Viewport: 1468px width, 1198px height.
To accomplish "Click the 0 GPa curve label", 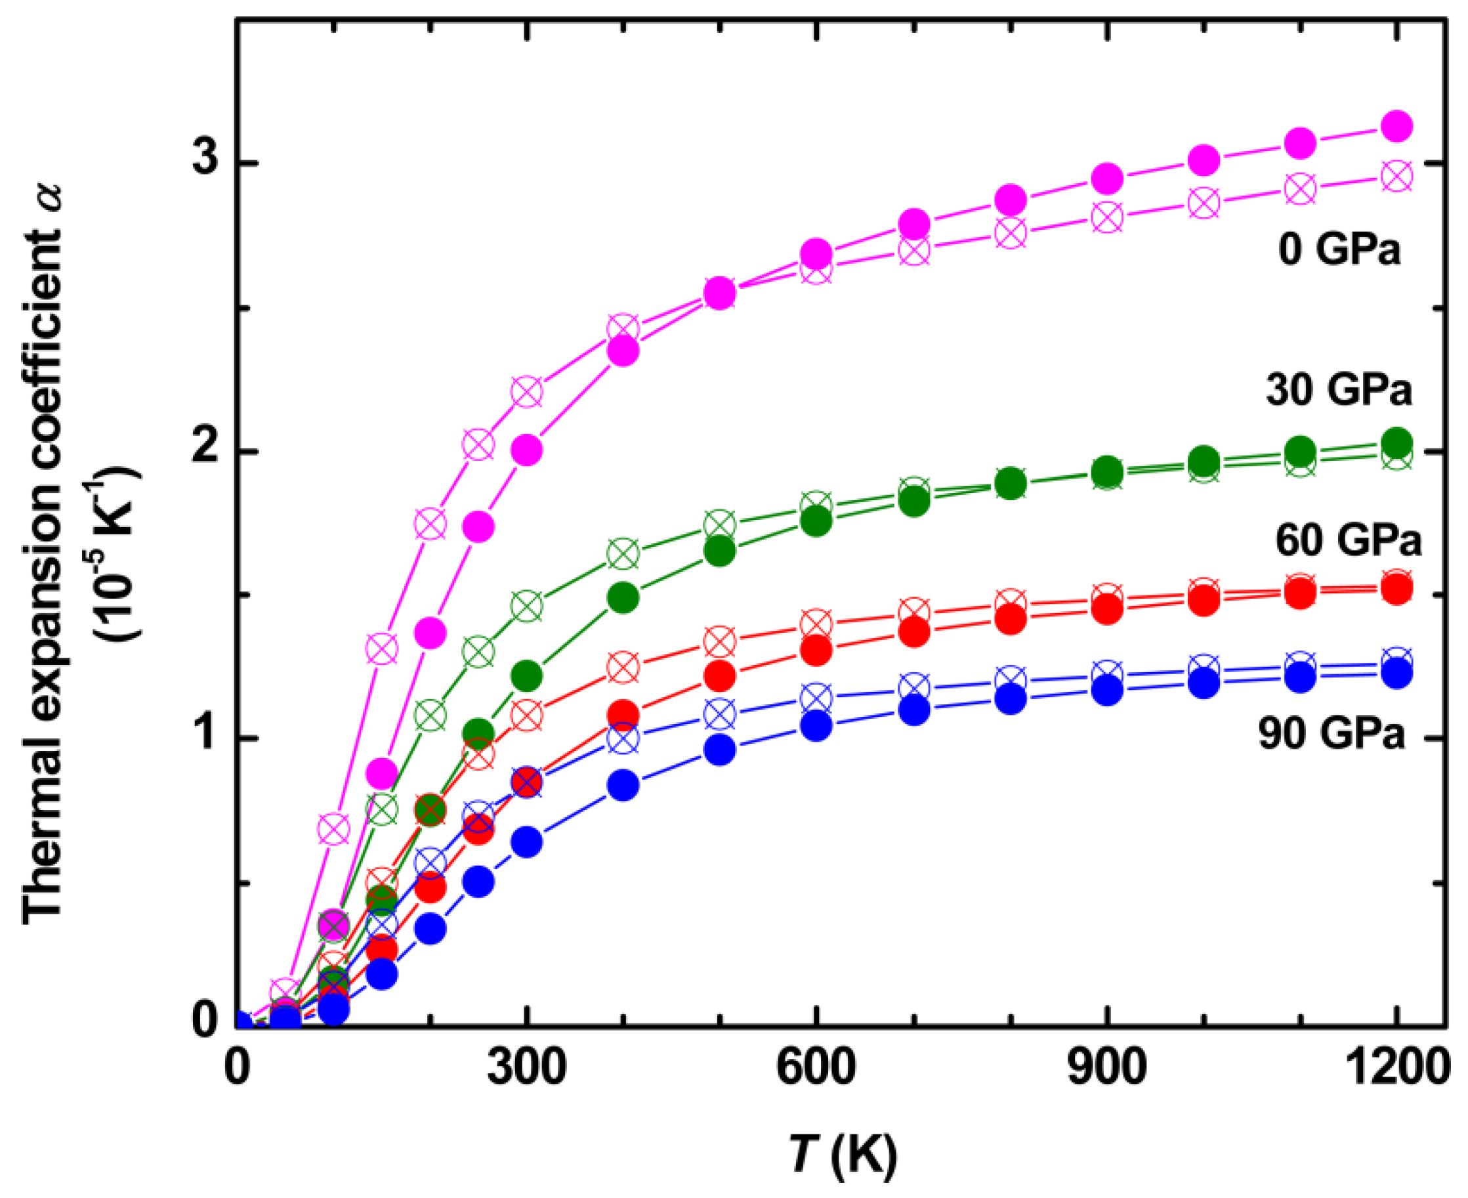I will [1339, 251].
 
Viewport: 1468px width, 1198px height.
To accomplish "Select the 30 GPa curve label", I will [1339, 391].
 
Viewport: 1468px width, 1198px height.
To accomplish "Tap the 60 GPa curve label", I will [1348, 540].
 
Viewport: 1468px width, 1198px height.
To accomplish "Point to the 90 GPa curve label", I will [1331, 733].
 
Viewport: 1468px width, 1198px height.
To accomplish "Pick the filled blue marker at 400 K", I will [623, 785].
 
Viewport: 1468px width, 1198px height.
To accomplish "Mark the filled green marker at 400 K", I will [623, 597].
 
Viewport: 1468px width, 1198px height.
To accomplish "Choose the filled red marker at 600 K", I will [817, 650].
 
